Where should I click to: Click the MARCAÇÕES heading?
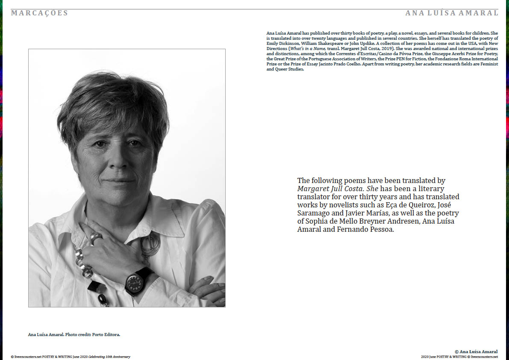point(40,13)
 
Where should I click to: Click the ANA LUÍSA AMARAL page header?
point(452,13)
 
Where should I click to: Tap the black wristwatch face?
point(135,282)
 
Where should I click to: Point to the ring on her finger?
point(95,238)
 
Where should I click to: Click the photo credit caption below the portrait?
point(74,334)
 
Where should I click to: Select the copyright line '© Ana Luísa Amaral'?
point(476,351)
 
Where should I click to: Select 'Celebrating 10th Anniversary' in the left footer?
point(109,357)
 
